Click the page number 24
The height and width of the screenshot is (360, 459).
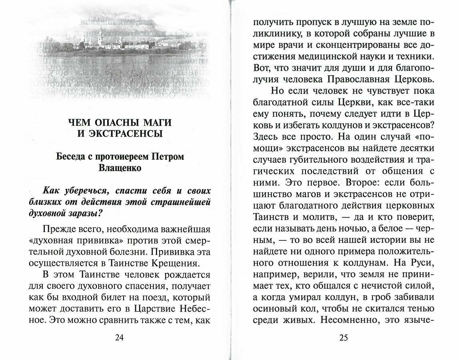(119, 337)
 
